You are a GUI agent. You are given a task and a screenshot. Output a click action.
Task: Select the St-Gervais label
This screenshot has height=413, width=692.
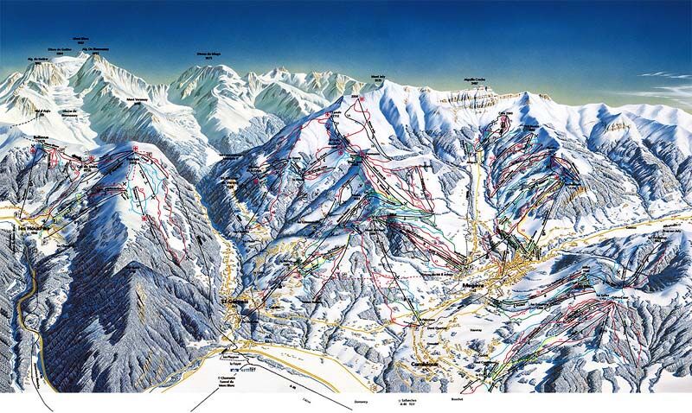click(233, 302)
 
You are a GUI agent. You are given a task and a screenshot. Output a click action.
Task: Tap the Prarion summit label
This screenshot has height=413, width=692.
click(134, 159)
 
